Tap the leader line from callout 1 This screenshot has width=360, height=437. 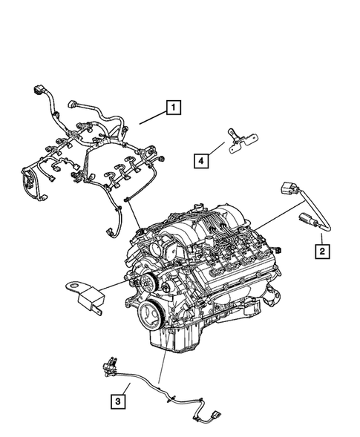(x=148, y=119)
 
